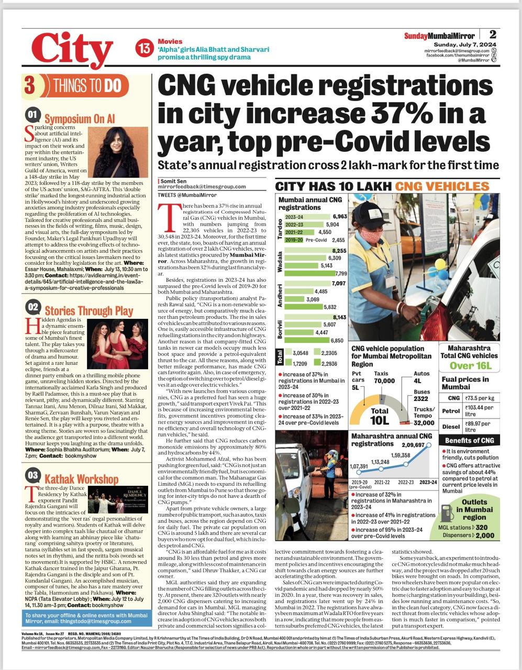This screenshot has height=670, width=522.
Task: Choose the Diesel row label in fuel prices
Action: coord(451,426)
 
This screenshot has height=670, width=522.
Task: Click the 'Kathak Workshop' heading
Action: coord(81,479)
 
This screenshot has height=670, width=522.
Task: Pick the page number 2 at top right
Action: coord(493,35)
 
